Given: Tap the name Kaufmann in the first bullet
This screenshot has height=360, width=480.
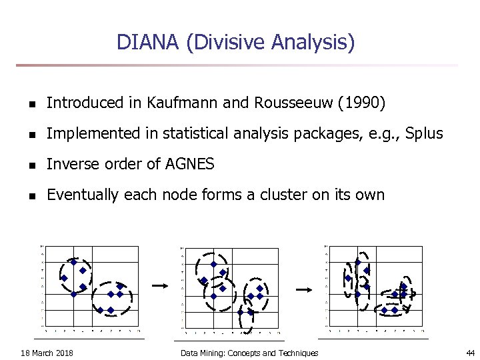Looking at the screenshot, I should click(176, 103).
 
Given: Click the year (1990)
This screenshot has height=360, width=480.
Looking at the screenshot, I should click(361, 103).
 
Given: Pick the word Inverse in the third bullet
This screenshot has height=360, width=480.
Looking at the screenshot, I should click(70, 164).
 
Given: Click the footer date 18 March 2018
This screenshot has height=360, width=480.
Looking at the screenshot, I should click(47, 353).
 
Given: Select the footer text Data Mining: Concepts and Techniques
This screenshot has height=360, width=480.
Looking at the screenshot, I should click(249, 353).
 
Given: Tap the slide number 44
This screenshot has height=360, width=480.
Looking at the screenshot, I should click(470, 353).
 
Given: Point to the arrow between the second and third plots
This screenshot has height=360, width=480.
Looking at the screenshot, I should click(304, 290).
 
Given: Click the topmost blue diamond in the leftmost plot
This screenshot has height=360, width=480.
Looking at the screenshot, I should click(74, 262).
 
